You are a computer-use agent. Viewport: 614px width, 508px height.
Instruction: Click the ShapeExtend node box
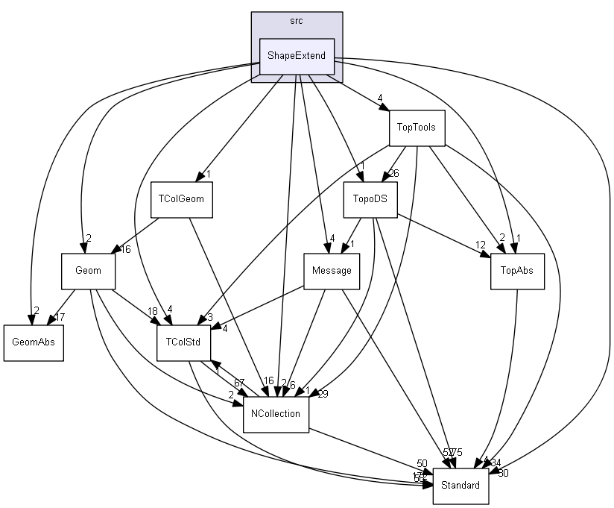tap(297, 57)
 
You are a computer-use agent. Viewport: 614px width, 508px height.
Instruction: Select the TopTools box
tap(417, 127)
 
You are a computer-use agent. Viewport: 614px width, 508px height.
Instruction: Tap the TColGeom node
tap(181, 199)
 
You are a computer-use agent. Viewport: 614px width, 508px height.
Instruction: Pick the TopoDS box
tap(370, 199)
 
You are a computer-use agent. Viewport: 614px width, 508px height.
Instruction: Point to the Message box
tap(332, 271)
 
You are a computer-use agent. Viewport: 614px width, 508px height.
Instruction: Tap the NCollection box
tap(276, 414)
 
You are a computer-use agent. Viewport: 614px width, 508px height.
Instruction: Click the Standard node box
tap(460, 486)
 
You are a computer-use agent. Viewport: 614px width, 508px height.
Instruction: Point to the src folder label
tap(297, 20)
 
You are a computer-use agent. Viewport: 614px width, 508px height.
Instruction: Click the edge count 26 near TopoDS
tap(394, 174)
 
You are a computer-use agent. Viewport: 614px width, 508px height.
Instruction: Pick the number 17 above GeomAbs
tap(60, 318)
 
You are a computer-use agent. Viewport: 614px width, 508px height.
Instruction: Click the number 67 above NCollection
tap(238, 383)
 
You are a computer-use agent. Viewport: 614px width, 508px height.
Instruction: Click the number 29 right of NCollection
tap(323, 394)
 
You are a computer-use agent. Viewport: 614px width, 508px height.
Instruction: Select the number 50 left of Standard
tap(422, 464)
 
